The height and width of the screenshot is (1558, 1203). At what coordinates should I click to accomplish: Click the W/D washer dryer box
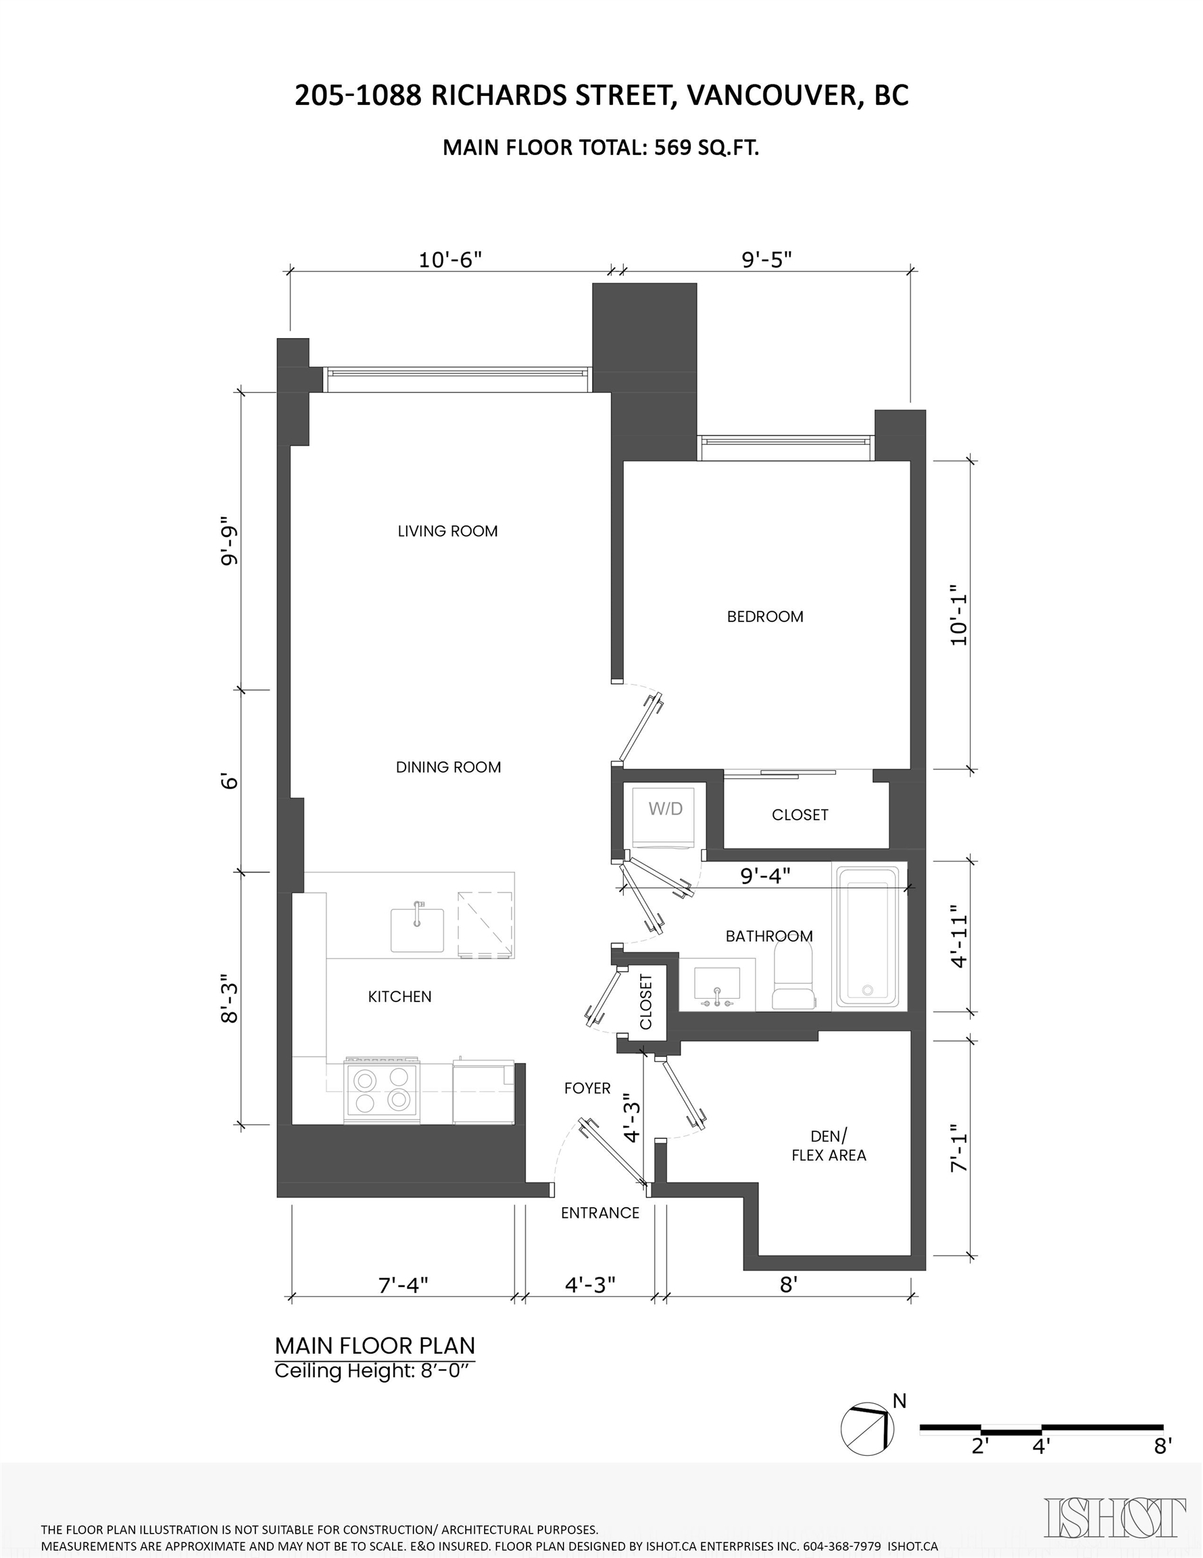click(x=664, y=816)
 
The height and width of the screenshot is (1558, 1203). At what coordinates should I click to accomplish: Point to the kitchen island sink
click(x=417, y=930)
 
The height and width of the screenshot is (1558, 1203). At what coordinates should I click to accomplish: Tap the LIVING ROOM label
click(x=448, y=532)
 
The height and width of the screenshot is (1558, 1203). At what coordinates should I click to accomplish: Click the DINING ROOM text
click(x=449, y=768)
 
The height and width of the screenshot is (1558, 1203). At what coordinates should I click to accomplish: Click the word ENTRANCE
click(x=599, y=1213)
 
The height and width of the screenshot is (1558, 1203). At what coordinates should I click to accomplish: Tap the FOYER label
click(x=587, y=1089)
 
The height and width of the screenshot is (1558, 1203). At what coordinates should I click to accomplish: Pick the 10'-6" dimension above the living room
click(x=450, y=260)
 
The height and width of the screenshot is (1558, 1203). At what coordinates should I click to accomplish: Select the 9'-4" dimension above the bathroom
click(x=765, y=875)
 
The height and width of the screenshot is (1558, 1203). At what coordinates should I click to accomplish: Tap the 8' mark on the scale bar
click(x=1163, y=1446)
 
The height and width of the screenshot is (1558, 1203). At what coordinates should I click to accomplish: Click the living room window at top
click(x=457, y=379)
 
